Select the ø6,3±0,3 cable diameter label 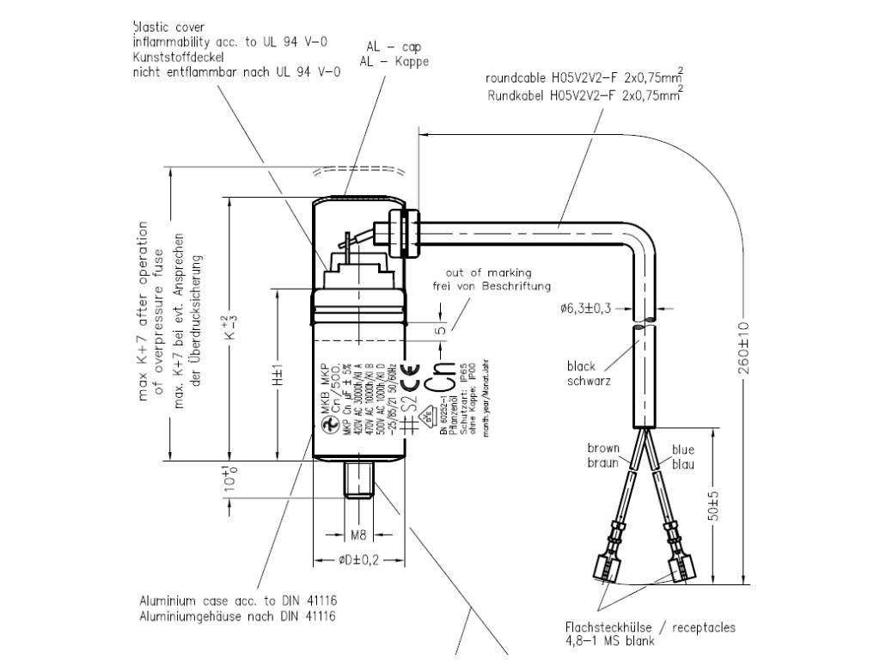coord(584,309)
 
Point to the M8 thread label coord(359,535)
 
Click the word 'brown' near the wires coord(603,448)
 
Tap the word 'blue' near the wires coord(683,449)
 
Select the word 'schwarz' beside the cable coord(589,380)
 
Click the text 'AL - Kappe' coord(394,61)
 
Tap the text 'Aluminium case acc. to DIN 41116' coord(237,601)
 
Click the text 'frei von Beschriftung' coord(491,285)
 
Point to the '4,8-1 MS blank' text coord(609,641)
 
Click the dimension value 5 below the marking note coord(440,330)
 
